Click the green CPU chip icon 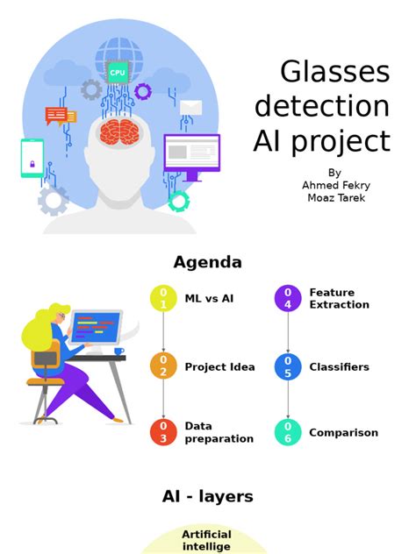click(118, 72)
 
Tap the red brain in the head click(119, 132)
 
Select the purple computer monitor click(191, 153)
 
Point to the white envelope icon click(191, 108)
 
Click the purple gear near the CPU click(142, 91)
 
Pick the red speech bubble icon click(56, 115)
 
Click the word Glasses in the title click(334, 72)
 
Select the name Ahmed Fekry click(334, 185)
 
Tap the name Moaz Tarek click(334, 197)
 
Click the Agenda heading click(207, 262)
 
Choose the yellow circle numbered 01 click(163, 298)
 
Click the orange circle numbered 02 click(163, 366)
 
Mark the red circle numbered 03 click(163, 432)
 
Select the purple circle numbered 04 click(288, 298)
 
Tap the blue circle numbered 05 click(288, 366)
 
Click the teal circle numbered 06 click(288, 432)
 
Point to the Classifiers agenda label click(339, 366)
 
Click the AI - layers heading click(207, 496)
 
